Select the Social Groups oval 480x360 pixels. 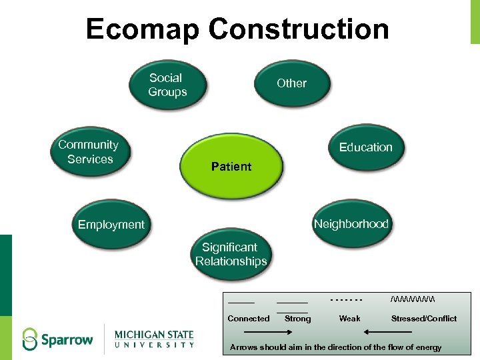167,85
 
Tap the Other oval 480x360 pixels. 292,83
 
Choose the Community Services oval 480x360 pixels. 89,152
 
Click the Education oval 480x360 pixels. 365,147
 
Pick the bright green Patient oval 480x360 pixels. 231,167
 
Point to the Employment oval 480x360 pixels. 111,225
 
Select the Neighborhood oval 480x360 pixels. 351,224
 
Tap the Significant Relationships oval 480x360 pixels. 231,255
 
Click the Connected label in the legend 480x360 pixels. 249,319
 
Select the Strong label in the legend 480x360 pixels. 297,319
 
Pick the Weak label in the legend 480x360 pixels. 349,319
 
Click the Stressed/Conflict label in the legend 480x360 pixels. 424,319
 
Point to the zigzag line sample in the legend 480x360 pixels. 413,298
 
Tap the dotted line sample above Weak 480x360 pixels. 346,299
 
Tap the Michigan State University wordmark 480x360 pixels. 154,339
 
